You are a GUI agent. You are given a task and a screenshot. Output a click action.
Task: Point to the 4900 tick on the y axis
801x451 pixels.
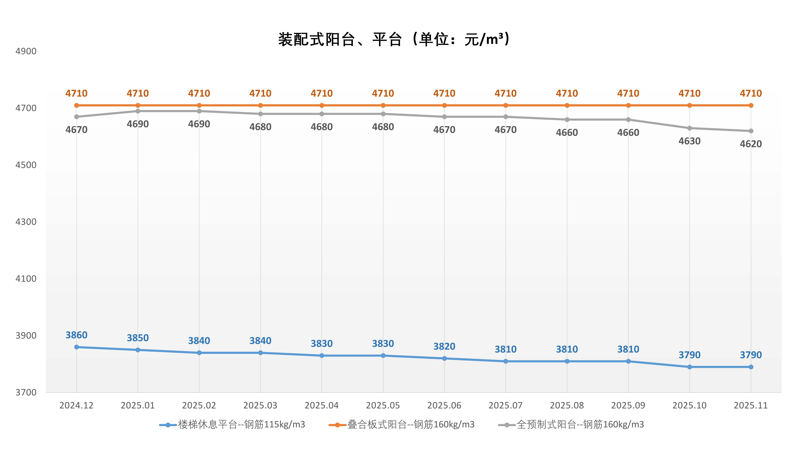[26, 51]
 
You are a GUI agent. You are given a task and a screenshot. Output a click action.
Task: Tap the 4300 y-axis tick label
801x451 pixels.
[26, 222]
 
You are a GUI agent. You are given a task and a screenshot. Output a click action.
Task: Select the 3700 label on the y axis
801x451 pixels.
[26, 393]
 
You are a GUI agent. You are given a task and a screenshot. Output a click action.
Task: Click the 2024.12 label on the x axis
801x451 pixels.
[76, 406]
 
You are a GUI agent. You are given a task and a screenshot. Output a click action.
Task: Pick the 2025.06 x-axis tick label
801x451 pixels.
[444, 406]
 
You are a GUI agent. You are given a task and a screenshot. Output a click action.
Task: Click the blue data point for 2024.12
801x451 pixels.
[76, 347]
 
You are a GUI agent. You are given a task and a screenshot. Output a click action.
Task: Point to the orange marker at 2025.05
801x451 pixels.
[383, 106]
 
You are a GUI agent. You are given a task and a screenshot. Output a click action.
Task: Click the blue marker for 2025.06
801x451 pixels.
[444, 359]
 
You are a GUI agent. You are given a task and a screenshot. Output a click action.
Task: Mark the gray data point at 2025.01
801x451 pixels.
[138, 111]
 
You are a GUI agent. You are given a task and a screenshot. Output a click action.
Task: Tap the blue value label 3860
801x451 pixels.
[76, 335]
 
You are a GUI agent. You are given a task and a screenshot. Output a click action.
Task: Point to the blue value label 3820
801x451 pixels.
[444, 346]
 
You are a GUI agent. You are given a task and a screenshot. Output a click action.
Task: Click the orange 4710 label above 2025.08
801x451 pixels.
[567, 93]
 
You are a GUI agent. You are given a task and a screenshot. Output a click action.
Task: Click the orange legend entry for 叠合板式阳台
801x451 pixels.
[402, 425]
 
